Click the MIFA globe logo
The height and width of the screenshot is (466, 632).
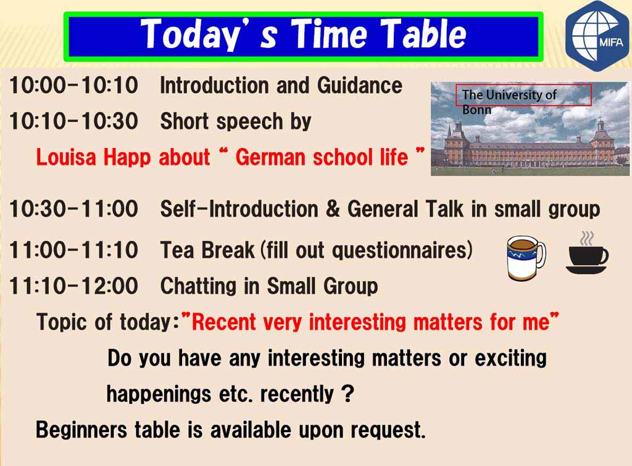pyautogui.click(x=599, y=36)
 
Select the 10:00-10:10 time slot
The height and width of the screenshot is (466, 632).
pyautogui.click(x=74, y=85)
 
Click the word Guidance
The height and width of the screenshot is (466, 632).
pyautogui.click(x=360, y=85)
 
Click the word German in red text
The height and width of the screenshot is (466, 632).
pyautogui.click(x=270, y=157)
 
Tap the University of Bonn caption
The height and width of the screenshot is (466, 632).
pyautogui.click(x=509, y=102)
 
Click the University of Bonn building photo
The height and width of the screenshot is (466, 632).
pyautogui.click(x=530, y=129)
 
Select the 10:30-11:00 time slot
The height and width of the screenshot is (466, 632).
pyautogui.click(x=74, y=209)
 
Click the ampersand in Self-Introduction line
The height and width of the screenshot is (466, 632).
pyautogui.click(x=332, y=209)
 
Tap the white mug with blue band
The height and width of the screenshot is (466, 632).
pyautogui.click(x=526, y=258)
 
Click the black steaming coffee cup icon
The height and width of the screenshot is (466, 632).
pyautogui.click(x=587, y=253)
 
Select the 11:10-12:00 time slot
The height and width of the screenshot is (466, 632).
pyautogui.click(x=74, y=286)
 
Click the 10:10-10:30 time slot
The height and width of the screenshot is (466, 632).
pyautogui.click(x=74, y=121)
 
